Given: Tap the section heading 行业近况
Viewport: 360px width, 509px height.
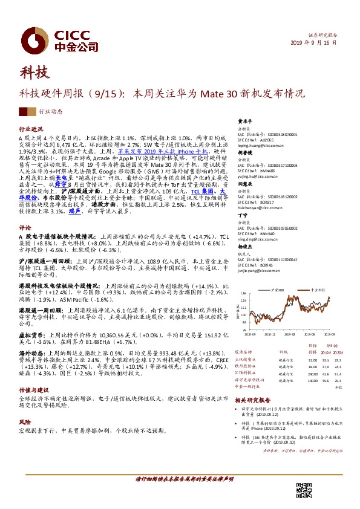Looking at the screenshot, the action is (x=31, y=129).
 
